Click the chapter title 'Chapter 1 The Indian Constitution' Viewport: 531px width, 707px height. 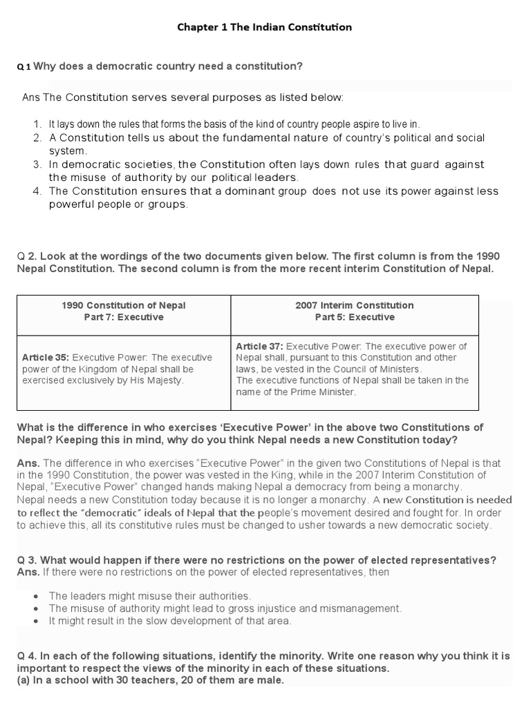point(265,28)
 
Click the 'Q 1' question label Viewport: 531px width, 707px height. point(24,67)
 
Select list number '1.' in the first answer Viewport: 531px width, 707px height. point(37,124)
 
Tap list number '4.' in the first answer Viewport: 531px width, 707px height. point(37,191)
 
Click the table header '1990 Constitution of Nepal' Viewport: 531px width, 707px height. point(124,305)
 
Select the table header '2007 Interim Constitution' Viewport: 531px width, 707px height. point(354,305)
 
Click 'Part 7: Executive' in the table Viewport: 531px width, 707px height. point(124,318)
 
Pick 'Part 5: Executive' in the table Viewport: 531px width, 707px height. point(354,318)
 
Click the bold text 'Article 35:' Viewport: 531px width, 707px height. point(45,358)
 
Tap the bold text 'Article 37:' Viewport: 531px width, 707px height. point(259,346)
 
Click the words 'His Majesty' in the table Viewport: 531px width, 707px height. point(158,381)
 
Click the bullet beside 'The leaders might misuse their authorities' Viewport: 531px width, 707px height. point(35,596)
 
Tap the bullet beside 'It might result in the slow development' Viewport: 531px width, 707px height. point(35,621)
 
